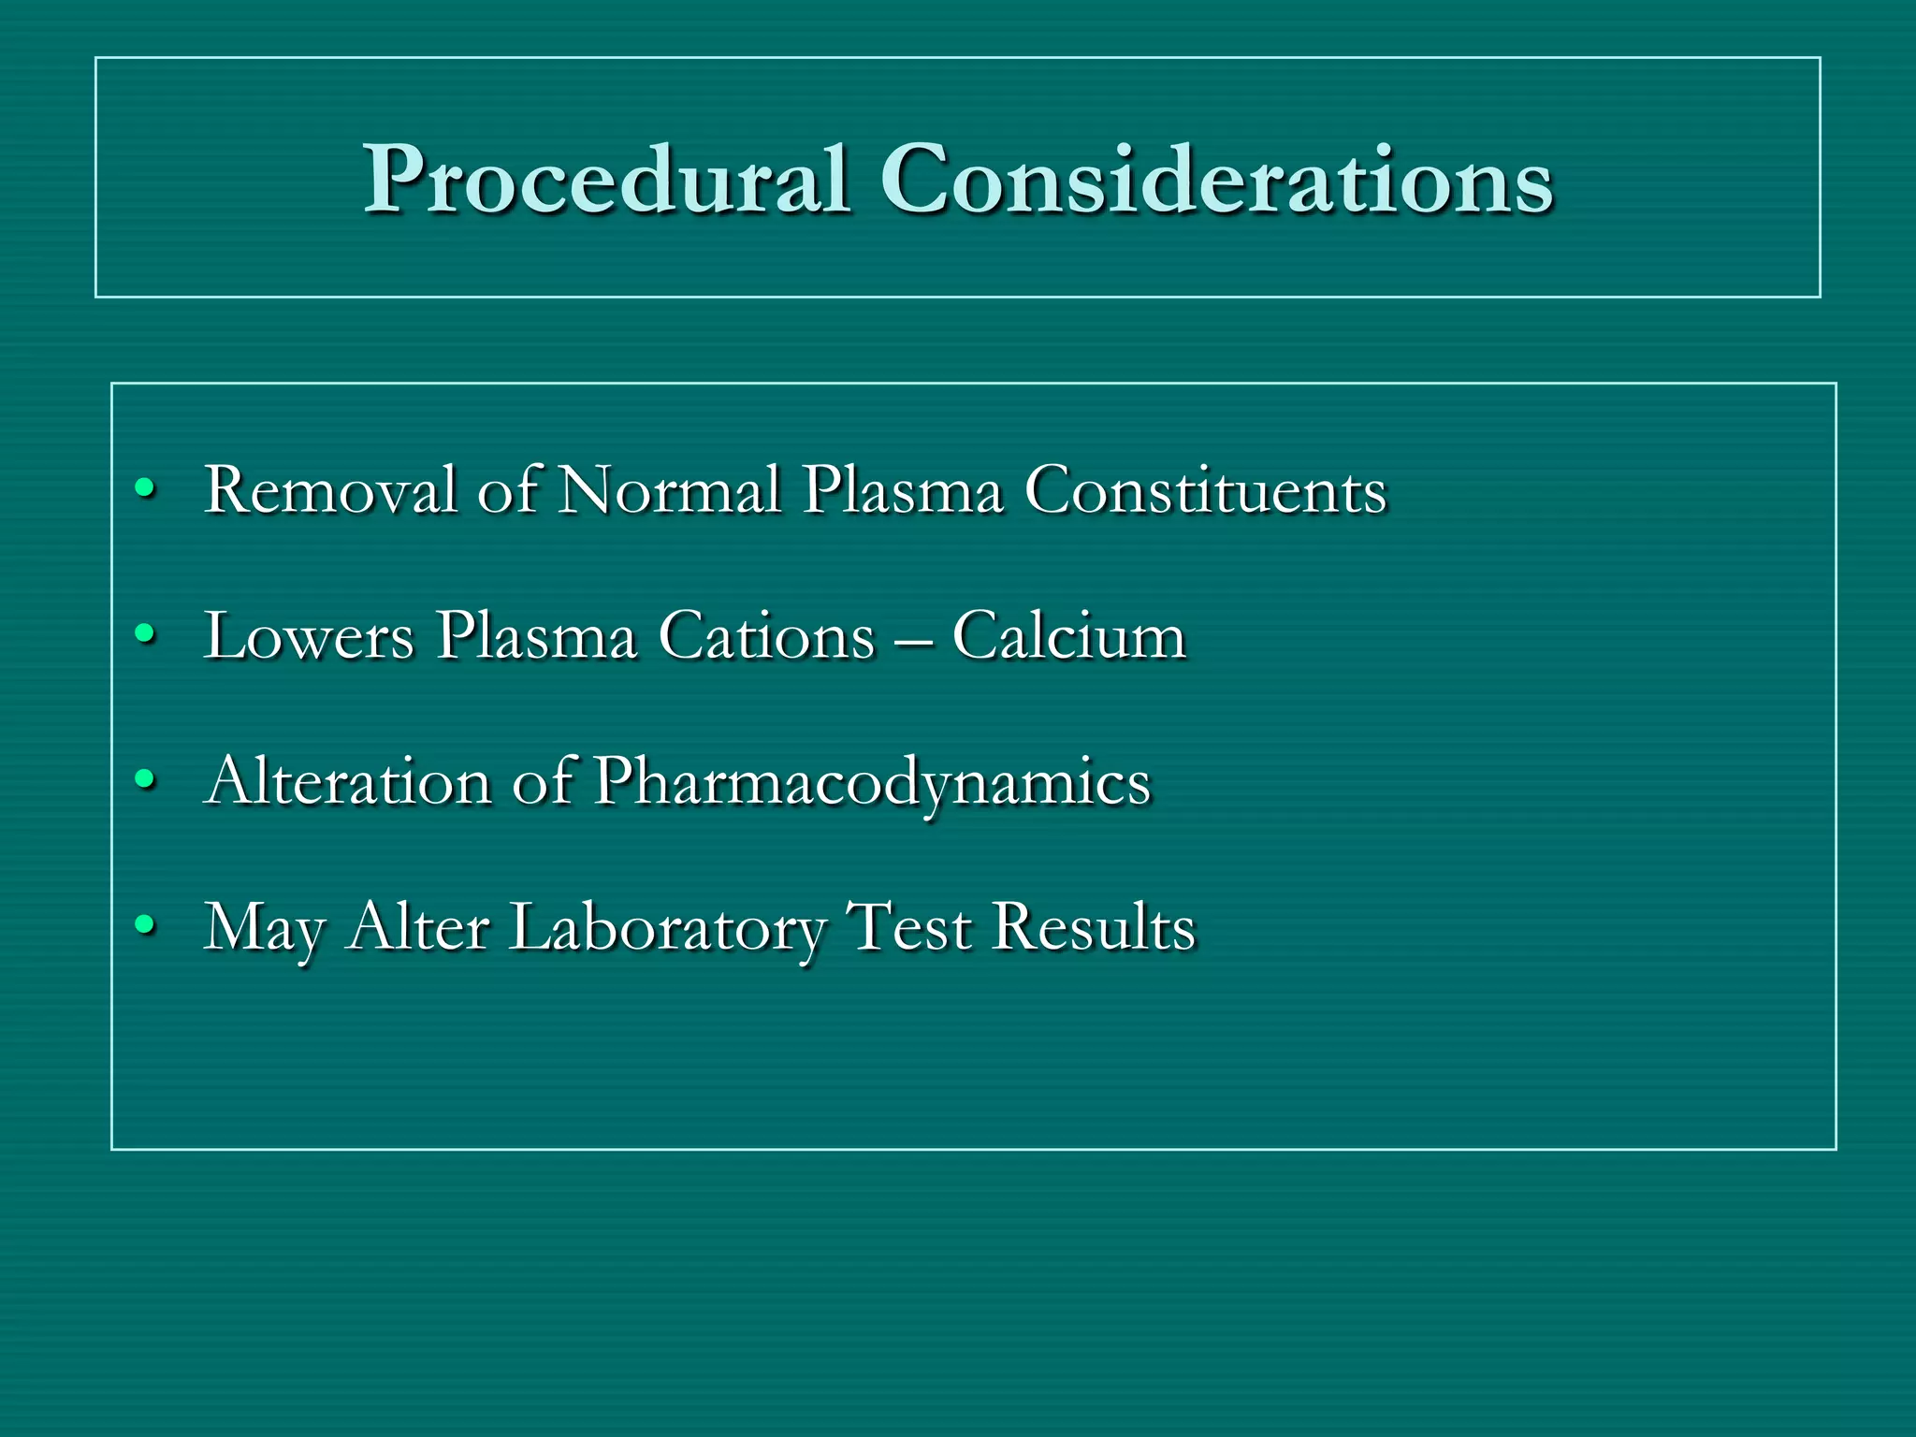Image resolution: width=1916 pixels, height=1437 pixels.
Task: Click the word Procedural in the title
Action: [606, 180]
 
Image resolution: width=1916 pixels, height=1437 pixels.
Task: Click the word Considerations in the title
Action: [1216, 180]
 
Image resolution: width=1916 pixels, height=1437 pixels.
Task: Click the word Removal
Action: [330, 490]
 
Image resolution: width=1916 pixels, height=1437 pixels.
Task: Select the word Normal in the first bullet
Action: [669, 490]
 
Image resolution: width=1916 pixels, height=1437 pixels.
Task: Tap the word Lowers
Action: [309, 636]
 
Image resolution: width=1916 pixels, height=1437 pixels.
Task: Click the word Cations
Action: [766, 636]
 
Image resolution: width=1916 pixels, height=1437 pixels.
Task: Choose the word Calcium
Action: [1069, 636]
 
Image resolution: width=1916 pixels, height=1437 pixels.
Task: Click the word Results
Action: [1094, 926]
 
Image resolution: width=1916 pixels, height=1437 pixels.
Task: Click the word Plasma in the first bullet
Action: [903, 490]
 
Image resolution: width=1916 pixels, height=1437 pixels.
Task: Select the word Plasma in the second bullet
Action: [537, 636]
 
